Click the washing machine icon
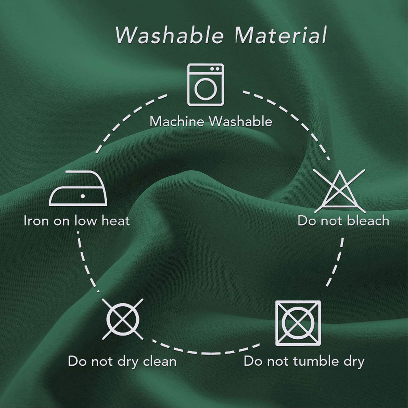[x=206, y=84]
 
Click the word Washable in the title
[x=169, y=35]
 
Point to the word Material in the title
[x=280, y=35]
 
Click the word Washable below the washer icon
[x=241, y=121]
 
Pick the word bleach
[x=368, y=221]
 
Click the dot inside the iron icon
[x=83, y=196]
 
